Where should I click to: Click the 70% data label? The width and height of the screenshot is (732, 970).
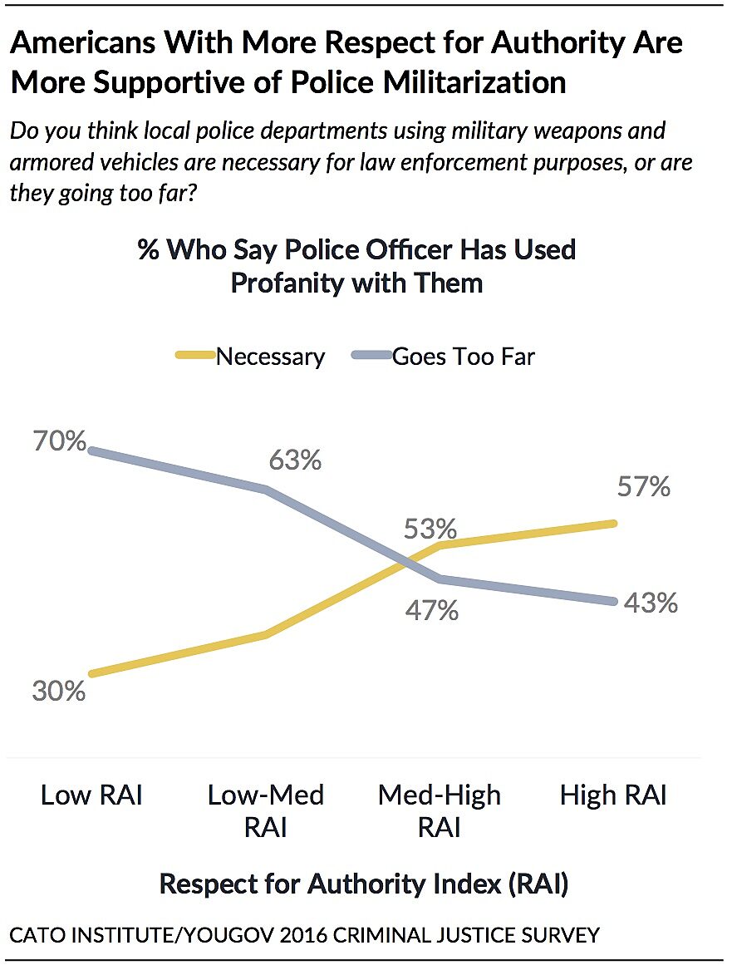[x=58, y=440]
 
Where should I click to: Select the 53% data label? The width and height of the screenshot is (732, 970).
[x=430, y=529]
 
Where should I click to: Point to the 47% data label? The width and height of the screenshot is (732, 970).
[x=430, y=611]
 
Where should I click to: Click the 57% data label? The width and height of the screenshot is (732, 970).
[x=642, y=486]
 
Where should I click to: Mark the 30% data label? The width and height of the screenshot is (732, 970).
[x=58, y=691]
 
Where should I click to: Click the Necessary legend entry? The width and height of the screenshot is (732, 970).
[x=270, y=357]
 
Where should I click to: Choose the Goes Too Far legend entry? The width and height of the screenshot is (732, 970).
[x=464, y=357]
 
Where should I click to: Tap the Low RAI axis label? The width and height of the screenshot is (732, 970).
[x=91, y=795]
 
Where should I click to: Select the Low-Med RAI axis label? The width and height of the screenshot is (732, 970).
[x=266, y=810]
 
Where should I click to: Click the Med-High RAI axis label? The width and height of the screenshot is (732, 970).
[x=440, y=810]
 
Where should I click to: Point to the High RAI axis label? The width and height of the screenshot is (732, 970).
[x=613, y=795]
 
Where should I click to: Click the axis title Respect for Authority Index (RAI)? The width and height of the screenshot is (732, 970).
[x=363, y=884]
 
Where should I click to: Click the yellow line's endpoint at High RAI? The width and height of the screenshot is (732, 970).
[x=614, y=523]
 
